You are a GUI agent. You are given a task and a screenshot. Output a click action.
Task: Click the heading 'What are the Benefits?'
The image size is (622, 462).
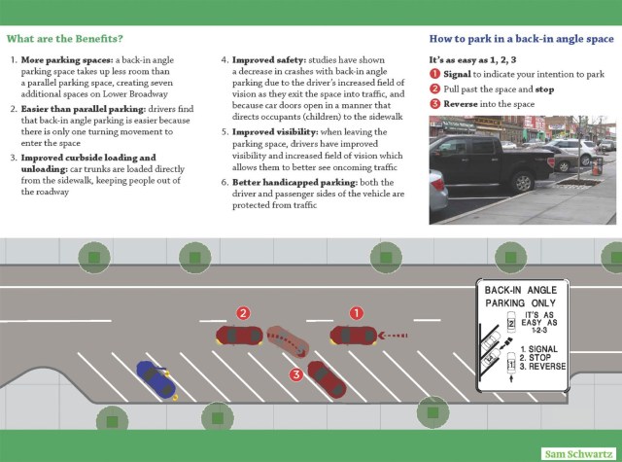click(64, 40)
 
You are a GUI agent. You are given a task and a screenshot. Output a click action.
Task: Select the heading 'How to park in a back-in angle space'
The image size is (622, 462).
click(521, 39)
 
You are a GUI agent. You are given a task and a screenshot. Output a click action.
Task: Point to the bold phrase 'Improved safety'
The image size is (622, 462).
click(269, 59)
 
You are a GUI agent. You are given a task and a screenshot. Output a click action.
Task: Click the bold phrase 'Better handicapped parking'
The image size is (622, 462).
click(283, 182)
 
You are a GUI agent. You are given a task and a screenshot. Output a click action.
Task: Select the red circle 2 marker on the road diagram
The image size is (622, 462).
click(244, 313)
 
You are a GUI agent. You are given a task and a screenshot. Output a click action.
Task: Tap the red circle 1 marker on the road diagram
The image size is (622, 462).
click(357, 313)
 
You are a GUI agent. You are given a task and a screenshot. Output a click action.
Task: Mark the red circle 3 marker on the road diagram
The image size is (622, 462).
click(295, 373)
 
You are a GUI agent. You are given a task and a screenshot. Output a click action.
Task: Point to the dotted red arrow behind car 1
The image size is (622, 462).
click(393, 337)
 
